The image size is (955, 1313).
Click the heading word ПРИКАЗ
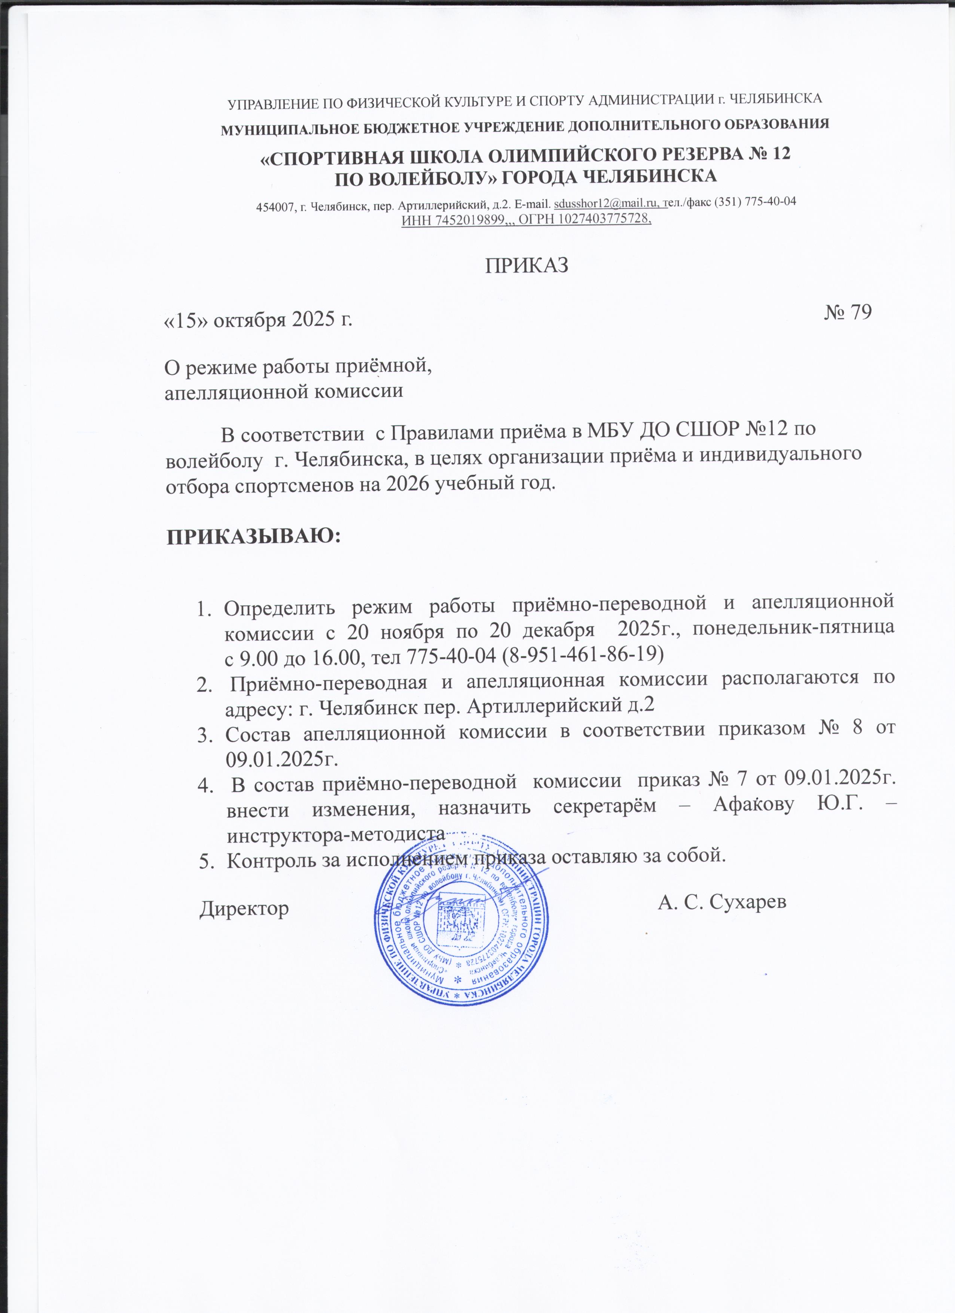point(526,265)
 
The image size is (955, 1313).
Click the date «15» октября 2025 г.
point(259,319)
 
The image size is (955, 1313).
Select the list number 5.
point(205,862)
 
